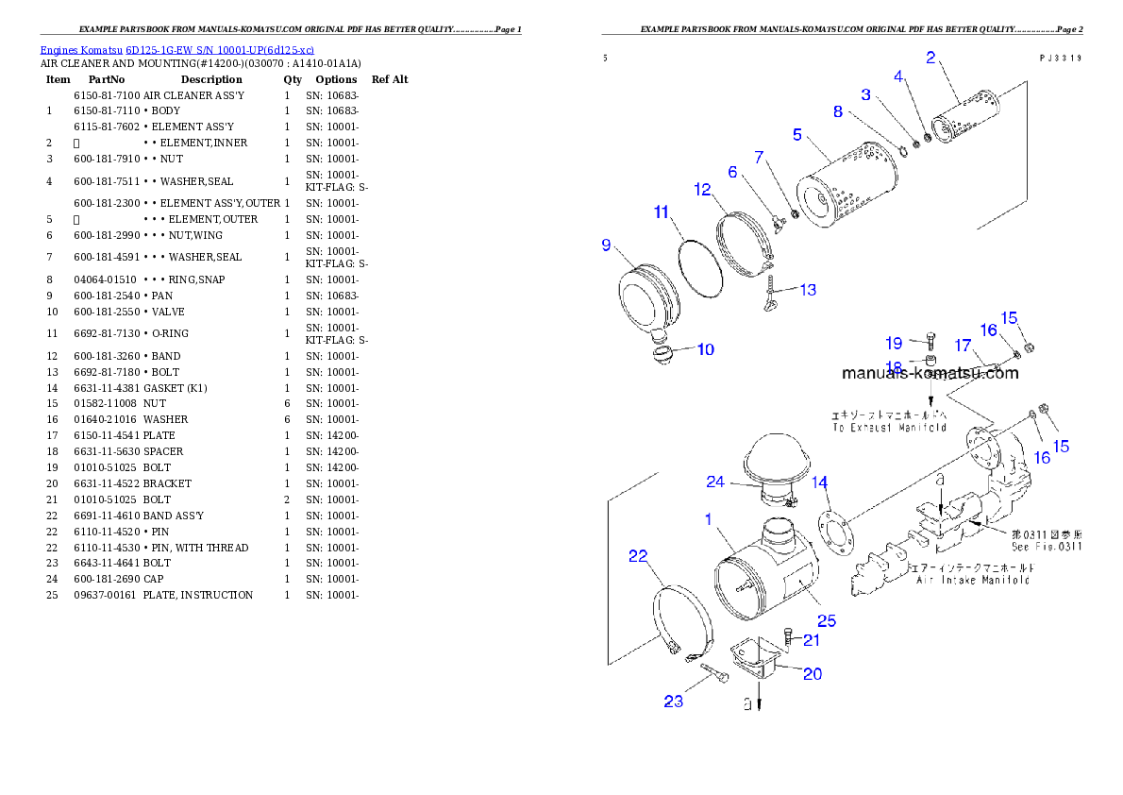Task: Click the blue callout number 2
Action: point(930,58)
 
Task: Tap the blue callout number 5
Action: point(797,135)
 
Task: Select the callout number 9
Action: point(607,245)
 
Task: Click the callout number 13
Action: point(808,290)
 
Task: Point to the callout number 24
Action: point(715,482)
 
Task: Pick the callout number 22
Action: point(639,556)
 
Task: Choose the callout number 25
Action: point(827,620)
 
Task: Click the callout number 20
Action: point(812,673)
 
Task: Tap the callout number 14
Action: point(819,484)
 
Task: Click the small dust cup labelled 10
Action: point(665,355)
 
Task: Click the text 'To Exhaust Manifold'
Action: point(889,428)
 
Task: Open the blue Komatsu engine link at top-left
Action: point(176,49)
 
